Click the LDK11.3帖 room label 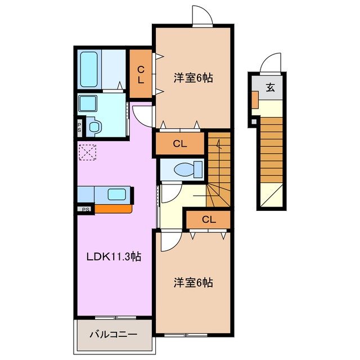click(114, 257)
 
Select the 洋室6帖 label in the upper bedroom click(192, 78)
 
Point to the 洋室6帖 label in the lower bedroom click(192, 282)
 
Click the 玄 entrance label click(270, 87)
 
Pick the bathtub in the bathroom click(89, 69)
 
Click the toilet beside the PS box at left click(93, 127)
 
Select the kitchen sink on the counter click(116, 195)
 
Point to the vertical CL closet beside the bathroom click(141, 75)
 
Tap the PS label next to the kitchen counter click(86, 210)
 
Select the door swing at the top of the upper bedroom click(201, 15)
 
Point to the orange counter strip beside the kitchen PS click(112, 209)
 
